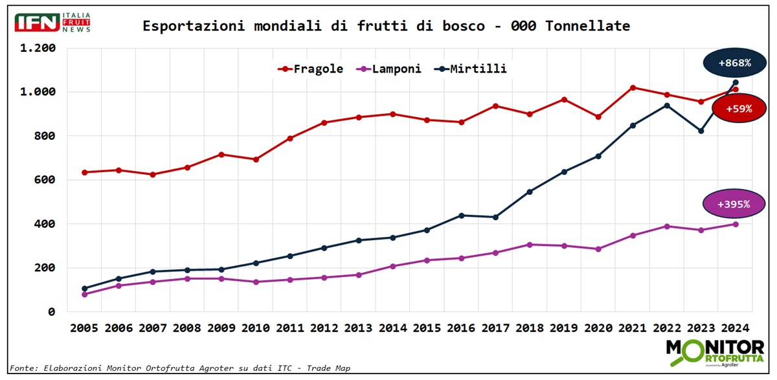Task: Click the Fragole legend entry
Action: click(x=310, y=69)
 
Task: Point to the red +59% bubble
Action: click(x=739, y=109)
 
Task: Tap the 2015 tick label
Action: click(x=427, y=328)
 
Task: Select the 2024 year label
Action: click(x=736, y=328)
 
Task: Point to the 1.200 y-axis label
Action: click(x=38, y=49)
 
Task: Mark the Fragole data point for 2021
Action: click(x=633, y=87)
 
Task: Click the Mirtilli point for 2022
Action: click(x=667, y=106)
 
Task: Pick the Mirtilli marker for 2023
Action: click(x=701, y=131)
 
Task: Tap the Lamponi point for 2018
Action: click(x=530, y=245)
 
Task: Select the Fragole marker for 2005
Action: click(x=84, y=172)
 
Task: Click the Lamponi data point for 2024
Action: click(x=736, y=224)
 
